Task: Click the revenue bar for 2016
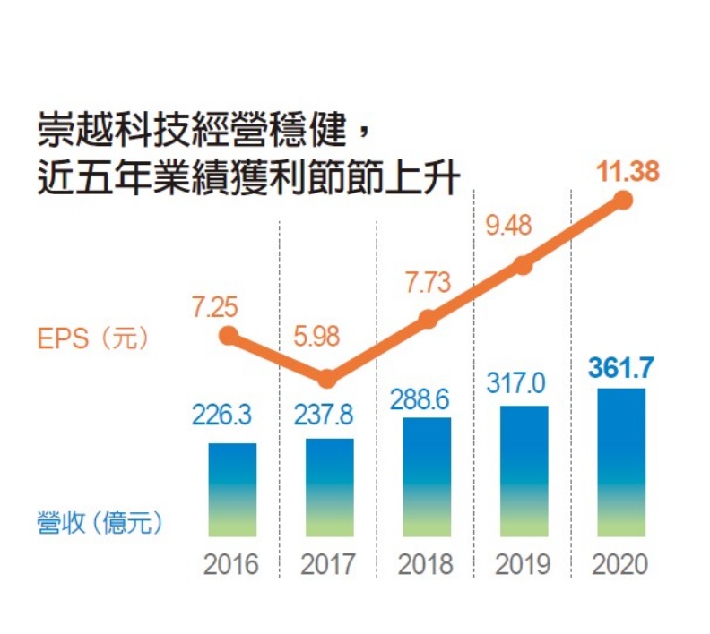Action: (x=232, y=490)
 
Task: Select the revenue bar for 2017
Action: (x=329, y=487)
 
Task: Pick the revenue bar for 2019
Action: (x=524, y=471)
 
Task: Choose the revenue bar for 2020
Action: (x=620, y=462)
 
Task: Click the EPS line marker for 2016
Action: (x=229, y=336)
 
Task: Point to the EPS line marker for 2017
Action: (x=328, y=379)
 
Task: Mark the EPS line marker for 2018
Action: (x=428, y=319)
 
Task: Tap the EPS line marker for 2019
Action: (x=524, y=264)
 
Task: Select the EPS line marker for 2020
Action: (x=623, y=201)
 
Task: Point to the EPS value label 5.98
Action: (x=320, y=338)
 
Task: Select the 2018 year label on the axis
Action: (x=426, y=566)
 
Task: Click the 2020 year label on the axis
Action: (x=619, y=566)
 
